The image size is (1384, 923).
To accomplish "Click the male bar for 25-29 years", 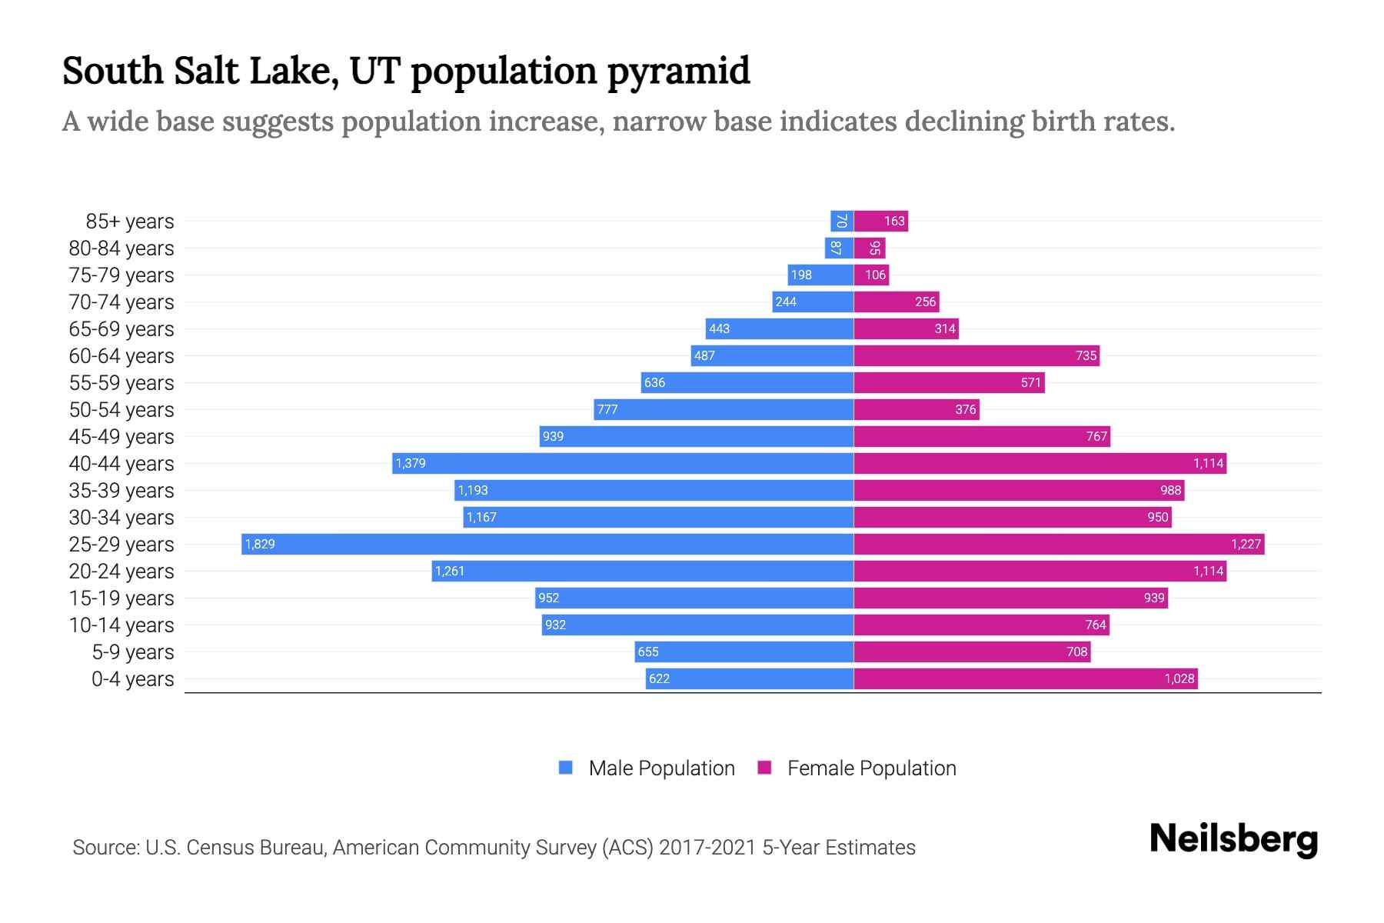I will point(547,545).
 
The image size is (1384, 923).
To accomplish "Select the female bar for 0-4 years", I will point(1025,679).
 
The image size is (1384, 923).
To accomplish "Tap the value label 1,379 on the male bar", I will point(411,464).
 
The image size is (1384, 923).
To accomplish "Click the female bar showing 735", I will point(976,356).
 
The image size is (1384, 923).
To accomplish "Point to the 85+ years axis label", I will point(130,222).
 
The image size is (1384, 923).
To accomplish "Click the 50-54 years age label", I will point(121,410).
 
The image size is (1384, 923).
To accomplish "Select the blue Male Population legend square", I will point(566,768).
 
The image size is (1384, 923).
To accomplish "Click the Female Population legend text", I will point(871,768).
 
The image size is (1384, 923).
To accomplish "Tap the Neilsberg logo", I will point(1233,839).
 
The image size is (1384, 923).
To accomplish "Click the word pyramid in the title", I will point(677,71).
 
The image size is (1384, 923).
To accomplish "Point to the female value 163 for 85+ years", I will point(893,222).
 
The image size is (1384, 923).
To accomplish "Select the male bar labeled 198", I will point(820,275).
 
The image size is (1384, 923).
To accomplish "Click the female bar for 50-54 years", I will point(917,410).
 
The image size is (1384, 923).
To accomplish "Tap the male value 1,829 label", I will point(260,545).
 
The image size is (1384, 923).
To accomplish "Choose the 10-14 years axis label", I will point(121,625).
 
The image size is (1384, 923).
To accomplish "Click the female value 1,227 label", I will point(1246,545).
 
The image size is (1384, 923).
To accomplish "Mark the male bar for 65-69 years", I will point(780,329).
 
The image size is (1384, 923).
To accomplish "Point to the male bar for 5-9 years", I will point(744,652).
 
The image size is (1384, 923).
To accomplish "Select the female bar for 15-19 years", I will point(1010,598).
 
